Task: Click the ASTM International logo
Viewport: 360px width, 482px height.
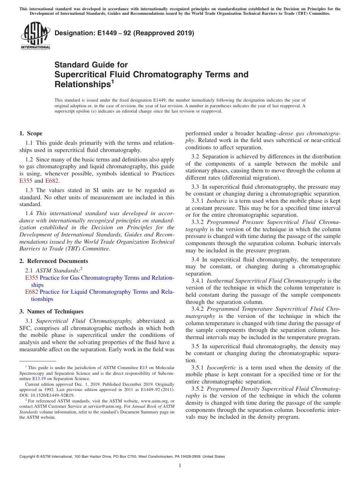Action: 35,36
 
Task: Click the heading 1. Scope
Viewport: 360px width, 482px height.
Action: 31,133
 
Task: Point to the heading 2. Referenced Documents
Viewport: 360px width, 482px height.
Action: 53,261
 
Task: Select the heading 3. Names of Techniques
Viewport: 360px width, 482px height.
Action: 51,311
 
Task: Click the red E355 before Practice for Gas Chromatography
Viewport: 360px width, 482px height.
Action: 31,278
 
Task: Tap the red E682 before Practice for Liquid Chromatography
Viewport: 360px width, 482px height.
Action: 31,292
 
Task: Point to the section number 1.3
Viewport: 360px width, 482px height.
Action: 29,190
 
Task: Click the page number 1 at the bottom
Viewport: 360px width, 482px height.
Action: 180,466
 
